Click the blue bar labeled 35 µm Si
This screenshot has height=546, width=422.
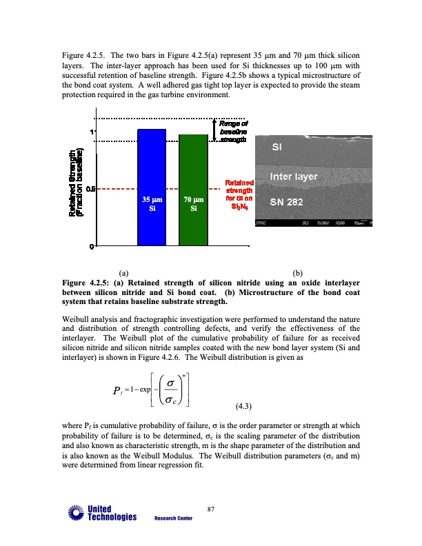click(152, 187)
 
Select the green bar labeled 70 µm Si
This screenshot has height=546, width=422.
click(193, 190)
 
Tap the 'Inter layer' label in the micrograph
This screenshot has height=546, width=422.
click(293, 176)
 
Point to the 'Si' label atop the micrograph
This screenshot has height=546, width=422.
click(277, 148)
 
